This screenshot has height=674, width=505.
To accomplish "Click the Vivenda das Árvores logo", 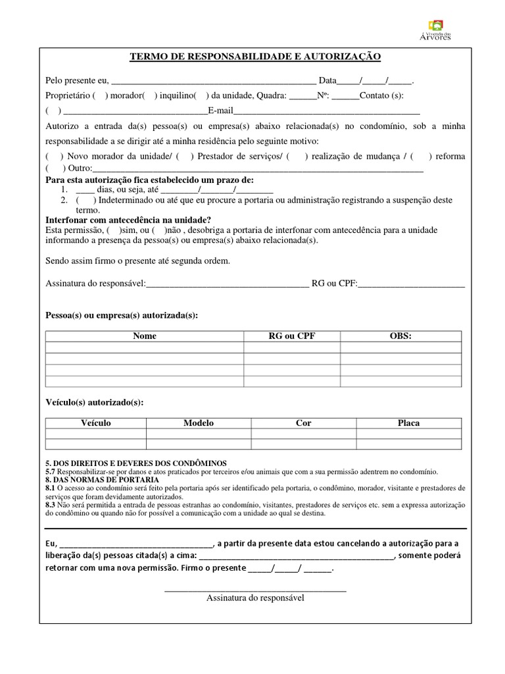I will click(x=435, y=30).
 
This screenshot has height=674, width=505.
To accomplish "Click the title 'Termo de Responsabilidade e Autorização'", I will click(x=255, y=57).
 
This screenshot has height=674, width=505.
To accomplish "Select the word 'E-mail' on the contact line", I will click(x=220, y=111).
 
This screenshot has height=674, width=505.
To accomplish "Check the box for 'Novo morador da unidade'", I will click(x=54, y=156).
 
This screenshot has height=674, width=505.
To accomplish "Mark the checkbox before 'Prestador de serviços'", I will click(x=184, y=156).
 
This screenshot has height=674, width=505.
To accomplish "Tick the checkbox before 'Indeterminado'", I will click(x=85, y=200).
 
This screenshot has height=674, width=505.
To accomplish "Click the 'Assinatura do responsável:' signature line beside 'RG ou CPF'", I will click(x=227, y=284).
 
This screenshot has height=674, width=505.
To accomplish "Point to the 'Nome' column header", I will click(x=145, y=336).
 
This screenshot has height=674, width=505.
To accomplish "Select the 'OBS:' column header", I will click(x=400, y=336).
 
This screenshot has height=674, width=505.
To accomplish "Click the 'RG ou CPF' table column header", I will click(x=292, y=336).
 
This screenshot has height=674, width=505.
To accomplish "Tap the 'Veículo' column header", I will click(x=95, y=423).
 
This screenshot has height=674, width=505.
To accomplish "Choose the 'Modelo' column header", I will click(x=199, y=423).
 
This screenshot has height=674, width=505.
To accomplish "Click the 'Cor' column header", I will click(x=303, y=423).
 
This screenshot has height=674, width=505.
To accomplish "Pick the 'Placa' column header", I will click(x=408, y=423).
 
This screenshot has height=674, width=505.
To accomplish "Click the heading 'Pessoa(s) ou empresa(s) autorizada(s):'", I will click(x=122, y=315).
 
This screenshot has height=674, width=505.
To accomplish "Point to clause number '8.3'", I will click(x=50, y=505).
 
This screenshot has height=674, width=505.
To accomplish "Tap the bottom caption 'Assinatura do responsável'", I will click(x=255, y=598).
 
